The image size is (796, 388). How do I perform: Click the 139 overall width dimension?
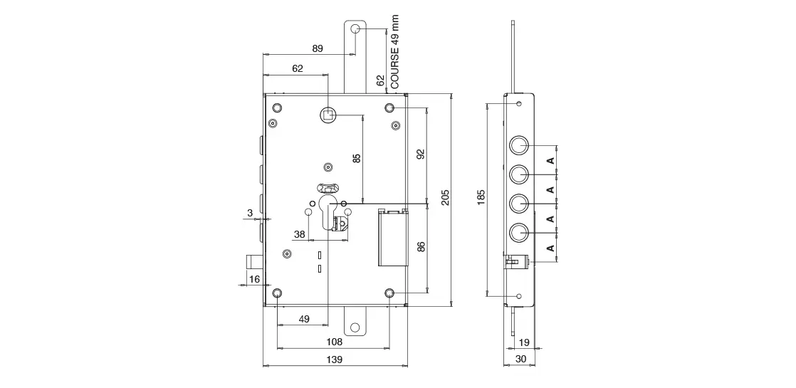334,360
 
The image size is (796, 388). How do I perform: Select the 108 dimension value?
334,342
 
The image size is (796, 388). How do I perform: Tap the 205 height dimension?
445,197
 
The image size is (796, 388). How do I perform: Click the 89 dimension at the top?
318,48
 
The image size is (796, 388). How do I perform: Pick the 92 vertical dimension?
421,154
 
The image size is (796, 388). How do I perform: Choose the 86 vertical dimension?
421,247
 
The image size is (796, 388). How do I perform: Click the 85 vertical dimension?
357,158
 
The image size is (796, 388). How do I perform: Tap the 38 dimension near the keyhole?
300,234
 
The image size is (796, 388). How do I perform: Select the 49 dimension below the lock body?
303,319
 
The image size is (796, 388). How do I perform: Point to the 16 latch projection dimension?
254,279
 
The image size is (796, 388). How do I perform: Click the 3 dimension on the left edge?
250,214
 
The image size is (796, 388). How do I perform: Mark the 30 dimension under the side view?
521,359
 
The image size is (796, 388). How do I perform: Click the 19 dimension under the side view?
525,342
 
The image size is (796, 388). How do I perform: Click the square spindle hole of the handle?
328,115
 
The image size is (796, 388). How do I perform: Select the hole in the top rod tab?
356,29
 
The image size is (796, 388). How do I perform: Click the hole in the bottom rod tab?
356,327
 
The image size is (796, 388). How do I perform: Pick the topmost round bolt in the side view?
519,145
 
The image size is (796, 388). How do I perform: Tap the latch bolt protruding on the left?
255,261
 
